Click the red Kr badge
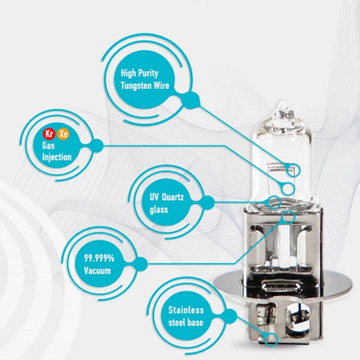tap(49, 133)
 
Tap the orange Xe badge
tap(63, 133)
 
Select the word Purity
tap(147, 74)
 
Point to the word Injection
tap(57, 157)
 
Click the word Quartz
tap(173, 197)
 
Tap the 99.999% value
tap(99, 258)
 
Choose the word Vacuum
tap(98, 271)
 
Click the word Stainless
tap(186, 310)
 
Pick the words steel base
tap(186, 322)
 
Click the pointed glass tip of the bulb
tap(283, 102)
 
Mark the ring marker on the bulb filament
tap(293, 170)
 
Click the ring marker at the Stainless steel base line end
tap(272, 338)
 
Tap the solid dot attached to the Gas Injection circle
tap(97, 145)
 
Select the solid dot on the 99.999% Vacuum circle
tap(140, 264)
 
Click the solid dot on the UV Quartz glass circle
tap(208, 202)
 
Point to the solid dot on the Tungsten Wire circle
tap(190, 100)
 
